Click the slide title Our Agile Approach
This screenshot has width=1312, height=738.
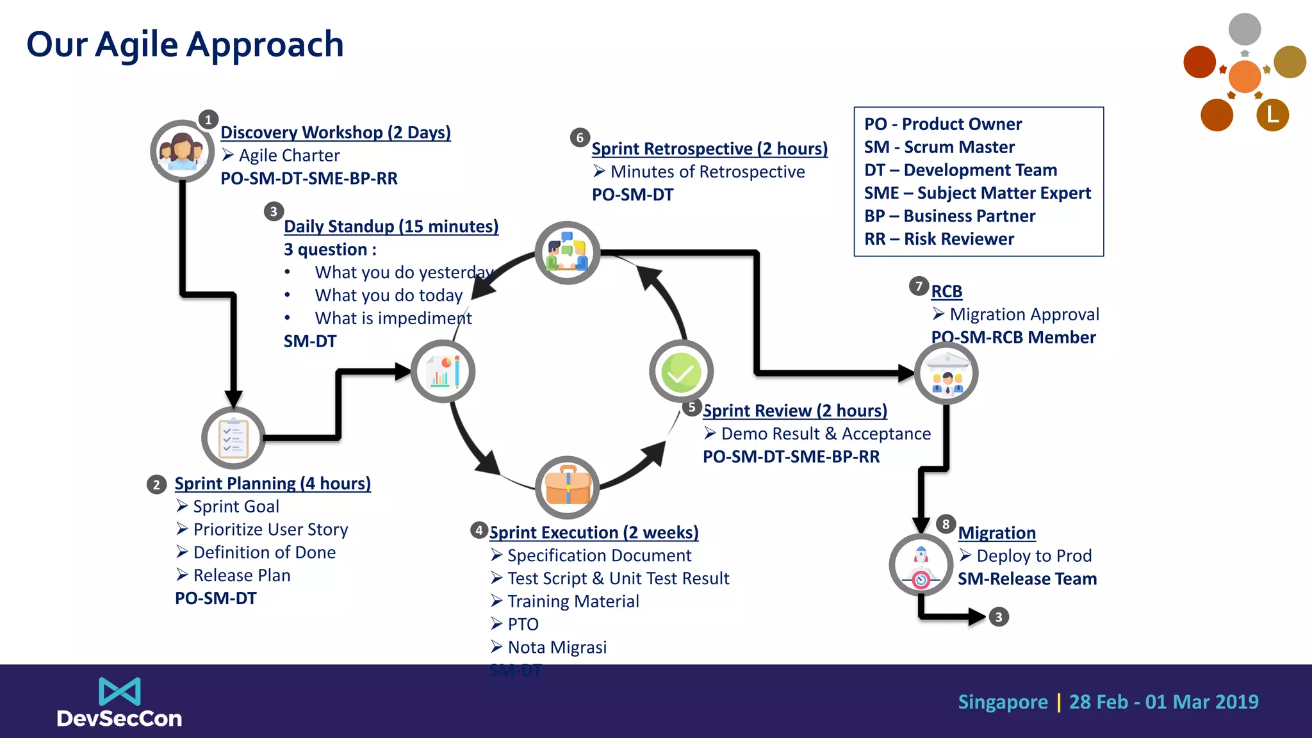184,45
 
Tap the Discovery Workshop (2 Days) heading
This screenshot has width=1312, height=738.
335,133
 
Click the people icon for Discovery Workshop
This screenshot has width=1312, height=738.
182,151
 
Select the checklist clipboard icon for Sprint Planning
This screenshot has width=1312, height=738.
233,438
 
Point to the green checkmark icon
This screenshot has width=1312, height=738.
681,372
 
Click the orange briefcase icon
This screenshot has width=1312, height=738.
568,488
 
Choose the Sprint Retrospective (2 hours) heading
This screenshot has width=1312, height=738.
709,149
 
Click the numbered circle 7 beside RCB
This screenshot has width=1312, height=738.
919,286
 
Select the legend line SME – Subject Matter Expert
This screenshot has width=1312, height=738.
977,193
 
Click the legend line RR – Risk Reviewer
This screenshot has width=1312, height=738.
939,239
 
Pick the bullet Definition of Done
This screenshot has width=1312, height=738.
264,552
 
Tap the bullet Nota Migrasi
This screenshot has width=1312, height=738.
557,647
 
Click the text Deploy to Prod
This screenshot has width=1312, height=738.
1033,555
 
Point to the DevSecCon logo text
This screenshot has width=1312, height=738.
119,718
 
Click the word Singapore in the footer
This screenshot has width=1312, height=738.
1003,702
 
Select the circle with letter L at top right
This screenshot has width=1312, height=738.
1272,115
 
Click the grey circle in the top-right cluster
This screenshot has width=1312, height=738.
1244,29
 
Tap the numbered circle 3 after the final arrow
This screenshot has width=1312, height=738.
998,617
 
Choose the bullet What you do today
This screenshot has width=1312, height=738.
388,295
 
